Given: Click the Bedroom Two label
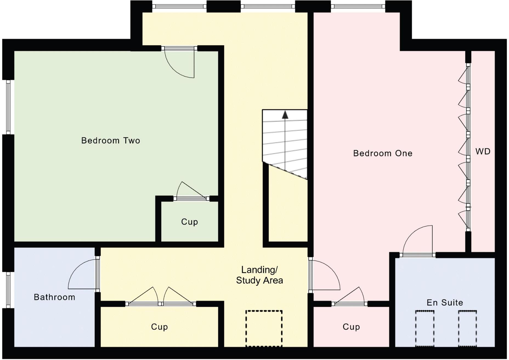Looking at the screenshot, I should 111,140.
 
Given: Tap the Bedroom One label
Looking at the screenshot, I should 383,153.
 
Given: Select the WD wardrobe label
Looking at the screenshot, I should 483,151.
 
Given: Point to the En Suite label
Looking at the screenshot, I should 445,303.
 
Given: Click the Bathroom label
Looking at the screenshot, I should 54,297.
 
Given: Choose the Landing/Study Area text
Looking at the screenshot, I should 259,275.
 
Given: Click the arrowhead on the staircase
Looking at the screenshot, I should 285,115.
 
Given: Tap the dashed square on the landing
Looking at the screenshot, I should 264,328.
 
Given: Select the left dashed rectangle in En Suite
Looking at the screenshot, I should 425,328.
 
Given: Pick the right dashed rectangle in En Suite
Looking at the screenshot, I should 467,328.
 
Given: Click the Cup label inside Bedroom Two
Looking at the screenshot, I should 189,222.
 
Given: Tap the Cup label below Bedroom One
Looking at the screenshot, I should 351,327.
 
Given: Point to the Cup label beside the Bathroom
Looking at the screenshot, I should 159,327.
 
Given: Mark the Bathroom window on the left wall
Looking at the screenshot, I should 8,290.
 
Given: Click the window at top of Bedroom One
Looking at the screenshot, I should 358,6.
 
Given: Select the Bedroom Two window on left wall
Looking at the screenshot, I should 8,107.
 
